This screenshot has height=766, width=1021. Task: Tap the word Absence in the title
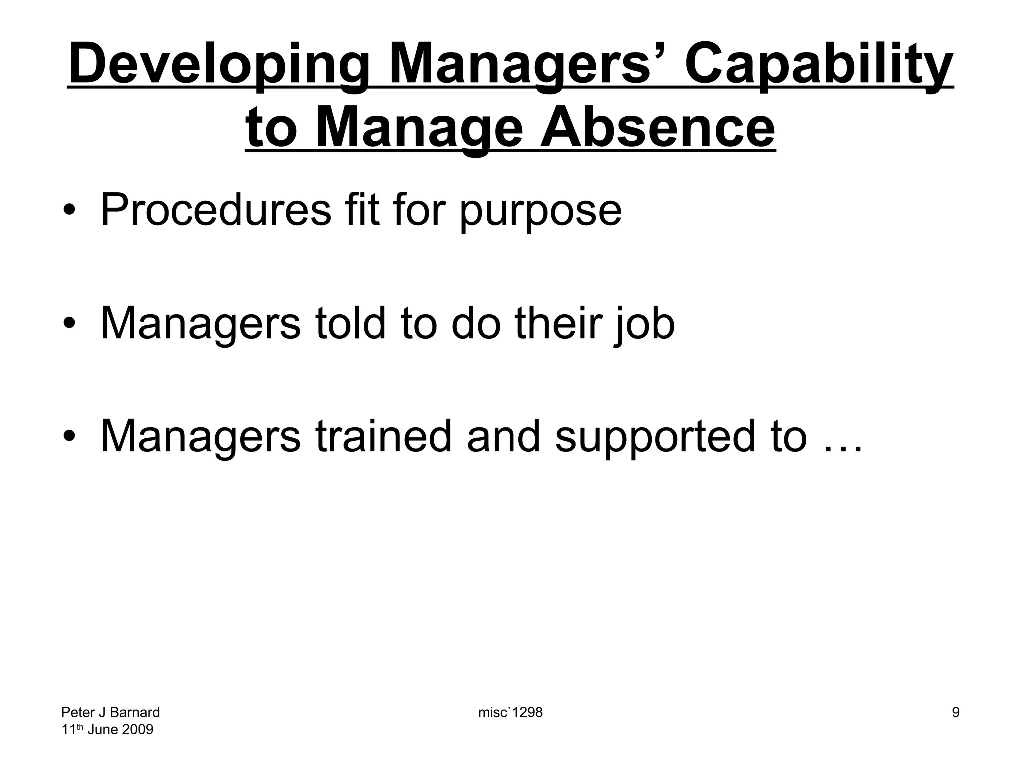[658, 129]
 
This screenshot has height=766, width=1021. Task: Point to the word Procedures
[215, 210]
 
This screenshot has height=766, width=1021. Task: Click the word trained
[383, 437]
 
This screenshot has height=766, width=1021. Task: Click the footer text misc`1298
[510, 712]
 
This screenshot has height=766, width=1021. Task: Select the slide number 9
[955, 712]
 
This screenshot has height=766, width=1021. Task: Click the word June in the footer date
[102, 730]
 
